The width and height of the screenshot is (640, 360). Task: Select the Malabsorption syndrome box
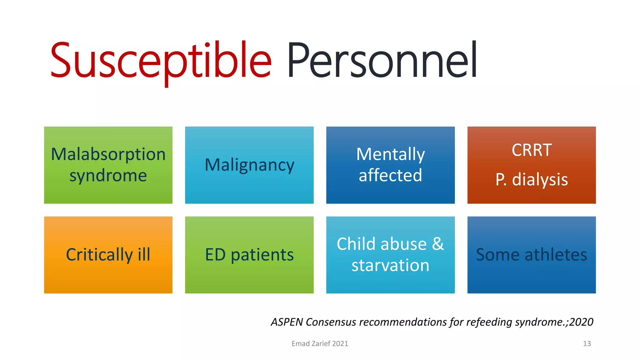coord(108,165)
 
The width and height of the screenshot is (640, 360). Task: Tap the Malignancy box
coord(249,165)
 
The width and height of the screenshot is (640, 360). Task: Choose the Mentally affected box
coord(390,165)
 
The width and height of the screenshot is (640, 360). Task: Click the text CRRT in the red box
coord(532,150)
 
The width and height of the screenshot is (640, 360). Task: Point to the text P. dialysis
coord(532,180)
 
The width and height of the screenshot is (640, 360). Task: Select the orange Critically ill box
coord(108,255)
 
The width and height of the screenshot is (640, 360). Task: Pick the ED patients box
coord(249,255)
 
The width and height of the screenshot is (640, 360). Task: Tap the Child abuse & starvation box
coord(390,255)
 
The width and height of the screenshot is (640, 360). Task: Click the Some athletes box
coord(532,255)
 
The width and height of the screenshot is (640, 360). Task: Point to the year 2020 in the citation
coord(581,322)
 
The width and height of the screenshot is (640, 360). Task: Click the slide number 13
coord(587,344)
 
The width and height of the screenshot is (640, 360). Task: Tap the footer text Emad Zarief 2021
coord(320,344)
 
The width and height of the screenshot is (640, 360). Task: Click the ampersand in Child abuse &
coord(438,244)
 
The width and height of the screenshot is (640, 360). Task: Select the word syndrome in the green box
coord(108,176)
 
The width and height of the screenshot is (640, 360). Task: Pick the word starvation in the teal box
coord(390,266)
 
